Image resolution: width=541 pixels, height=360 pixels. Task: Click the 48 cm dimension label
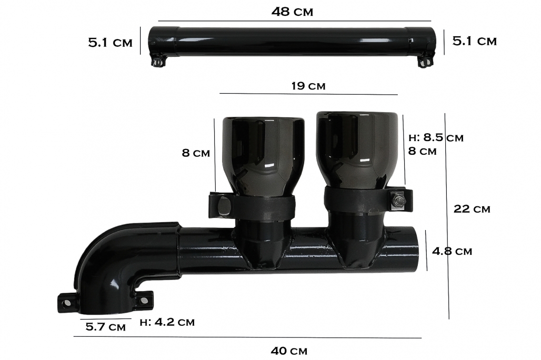coord(292,12)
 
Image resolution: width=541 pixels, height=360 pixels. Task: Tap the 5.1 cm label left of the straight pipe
coord(110,43)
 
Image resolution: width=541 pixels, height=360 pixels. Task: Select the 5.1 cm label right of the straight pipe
coord(474,41)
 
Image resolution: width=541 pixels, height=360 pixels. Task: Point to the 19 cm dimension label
coord(308,85)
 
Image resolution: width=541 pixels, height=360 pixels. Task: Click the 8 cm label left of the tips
coord(196,152)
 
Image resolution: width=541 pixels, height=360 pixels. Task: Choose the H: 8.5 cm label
coord(436,137)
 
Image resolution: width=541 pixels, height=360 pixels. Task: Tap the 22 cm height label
coord(472,209)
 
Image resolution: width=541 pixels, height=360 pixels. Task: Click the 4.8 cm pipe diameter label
coord(452,251)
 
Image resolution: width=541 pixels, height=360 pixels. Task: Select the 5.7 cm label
coord(106,326)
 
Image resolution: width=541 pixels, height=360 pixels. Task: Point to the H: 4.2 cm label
coord(167,322)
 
